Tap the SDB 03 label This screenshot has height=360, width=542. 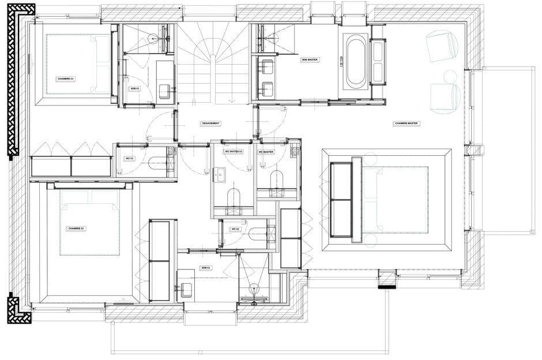coord(135,88)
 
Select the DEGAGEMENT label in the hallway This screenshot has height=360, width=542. coord(210,124)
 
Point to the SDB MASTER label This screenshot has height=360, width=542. coord(310,60)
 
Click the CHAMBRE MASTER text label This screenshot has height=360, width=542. coord(406,123)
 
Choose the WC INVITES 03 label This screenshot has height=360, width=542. coord(232,152)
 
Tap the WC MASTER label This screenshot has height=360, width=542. coord(266,152)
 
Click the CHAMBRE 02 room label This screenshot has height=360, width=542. coord(77,229)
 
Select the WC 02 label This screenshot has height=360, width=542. coord(235,230)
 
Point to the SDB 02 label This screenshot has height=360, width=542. coord(206,268)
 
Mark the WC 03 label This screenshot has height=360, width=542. coord(130,158)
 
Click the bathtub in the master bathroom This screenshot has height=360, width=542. coord(355,61)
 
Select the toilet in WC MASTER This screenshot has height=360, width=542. coord(277,180)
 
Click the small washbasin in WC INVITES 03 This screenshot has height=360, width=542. coord(220,173)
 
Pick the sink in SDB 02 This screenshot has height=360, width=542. coord(186,290)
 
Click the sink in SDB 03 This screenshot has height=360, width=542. coord(164,91)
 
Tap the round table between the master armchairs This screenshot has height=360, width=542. coord(450,76)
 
